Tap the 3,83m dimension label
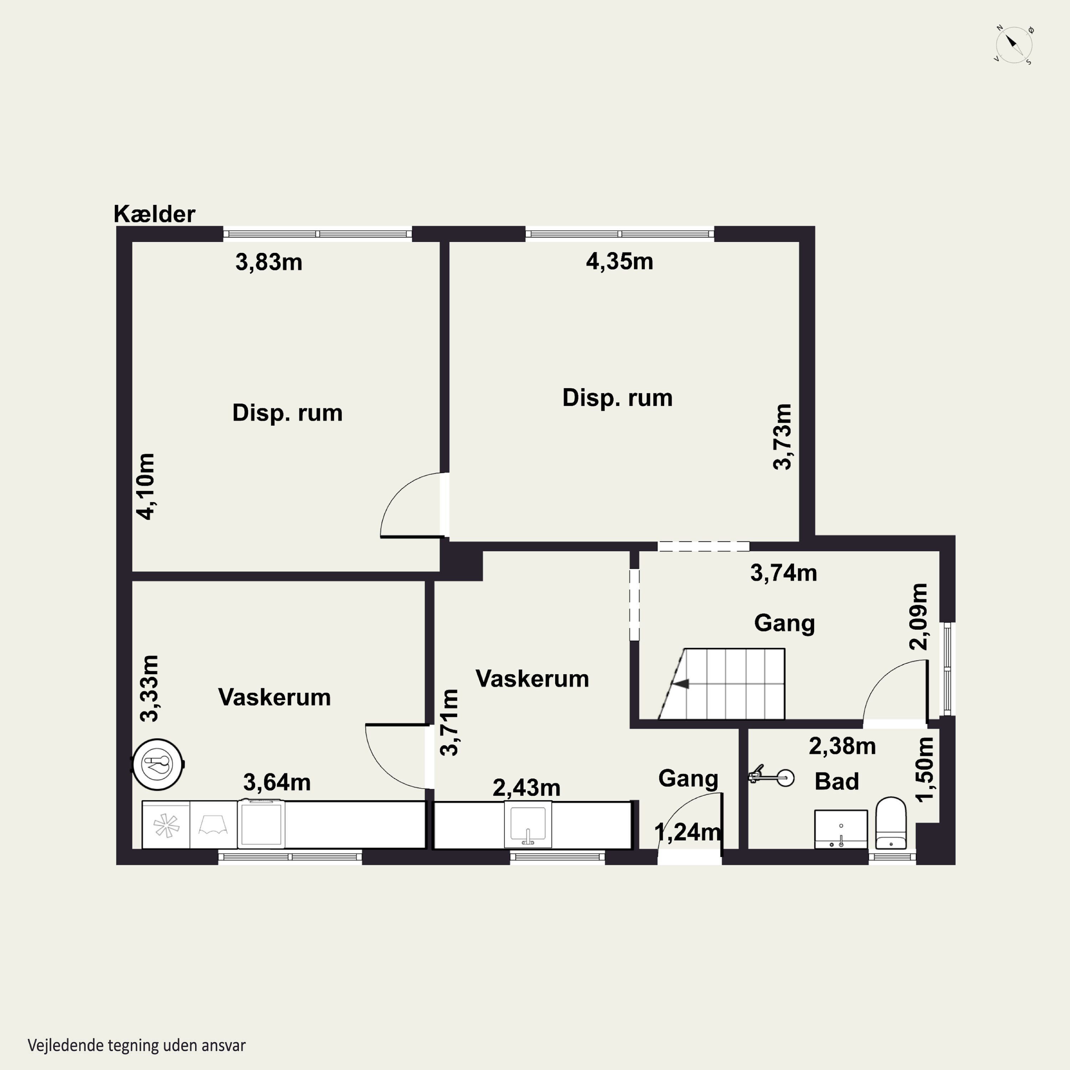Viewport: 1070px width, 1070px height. [269, 262]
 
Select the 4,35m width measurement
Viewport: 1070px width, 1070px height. [620, 261]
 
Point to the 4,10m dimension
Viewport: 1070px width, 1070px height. [146, 486]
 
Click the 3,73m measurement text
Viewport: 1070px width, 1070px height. [783, 437]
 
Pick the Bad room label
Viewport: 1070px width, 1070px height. [837, 781]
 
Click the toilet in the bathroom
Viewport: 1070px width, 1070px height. [891, 823]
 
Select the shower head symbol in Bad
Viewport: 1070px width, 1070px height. [771, 777]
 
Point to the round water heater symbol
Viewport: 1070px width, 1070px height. [158, 764]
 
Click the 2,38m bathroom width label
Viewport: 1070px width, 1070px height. [842, 747]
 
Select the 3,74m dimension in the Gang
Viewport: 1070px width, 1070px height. [784, 573]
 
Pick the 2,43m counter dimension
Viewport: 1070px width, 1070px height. [527, 788]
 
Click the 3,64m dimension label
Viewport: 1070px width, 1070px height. [277, 783]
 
